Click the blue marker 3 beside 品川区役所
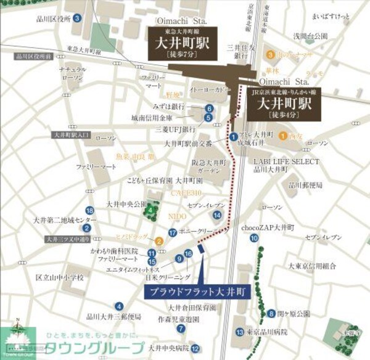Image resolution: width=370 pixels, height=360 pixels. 76,18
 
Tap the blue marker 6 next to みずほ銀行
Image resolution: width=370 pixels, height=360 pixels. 210,107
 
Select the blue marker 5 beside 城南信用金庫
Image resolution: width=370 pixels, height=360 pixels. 209,117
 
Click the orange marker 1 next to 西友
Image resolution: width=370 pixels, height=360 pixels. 282,136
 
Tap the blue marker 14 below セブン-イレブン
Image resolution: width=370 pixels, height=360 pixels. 217,215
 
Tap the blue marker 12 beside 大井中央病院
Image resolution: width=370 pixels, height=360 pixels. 194,348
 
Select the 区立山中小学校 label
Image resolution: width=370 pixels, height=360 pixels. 59,278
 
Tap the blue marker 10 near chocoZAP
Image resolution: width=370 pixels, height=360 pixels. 289,237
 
